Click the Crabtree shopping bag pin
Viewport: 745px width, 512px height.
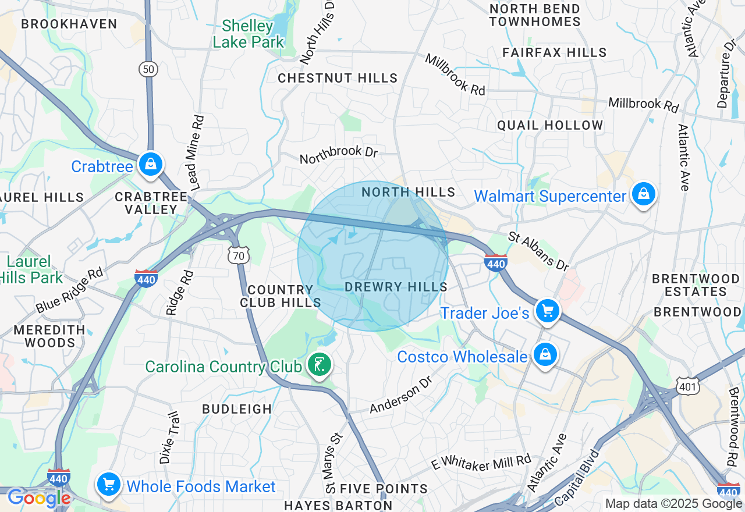coord(151,165)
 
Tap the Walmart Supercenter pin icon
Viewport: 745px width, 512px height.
coord(643,194)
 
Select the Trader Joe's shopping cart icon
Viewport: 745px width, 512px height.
coord(547,311)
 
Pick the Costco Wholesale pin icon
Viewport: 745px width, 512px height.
coord(545,354)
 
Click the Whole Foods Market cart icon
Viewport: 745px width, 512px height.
coord(109,484)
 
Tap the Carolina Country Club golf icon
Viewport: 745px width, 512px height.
coord(319,365)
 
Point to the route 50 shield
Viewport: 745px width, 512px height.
coord(148,69)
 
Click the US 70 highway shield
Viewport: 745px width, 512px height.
coord(239,254)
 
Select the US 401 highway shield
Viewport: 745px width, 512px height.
coord(687,387)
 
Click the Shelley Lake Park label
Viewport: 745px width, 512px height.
coord(249,34)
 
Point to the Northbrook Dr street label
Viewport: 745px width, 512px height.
coord(339,155)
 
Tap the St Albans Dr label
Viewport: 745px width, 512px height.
coord(538,251)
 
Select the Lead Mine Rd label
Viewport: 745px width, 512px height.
coord(197,152)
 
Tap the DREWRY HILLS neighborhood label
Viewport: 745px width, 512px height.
coord(396,287)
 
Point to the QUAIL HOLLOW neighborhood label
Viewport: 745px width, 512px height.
coord(550,125)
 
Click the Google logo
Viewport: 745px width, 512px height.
coord(38,497)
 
